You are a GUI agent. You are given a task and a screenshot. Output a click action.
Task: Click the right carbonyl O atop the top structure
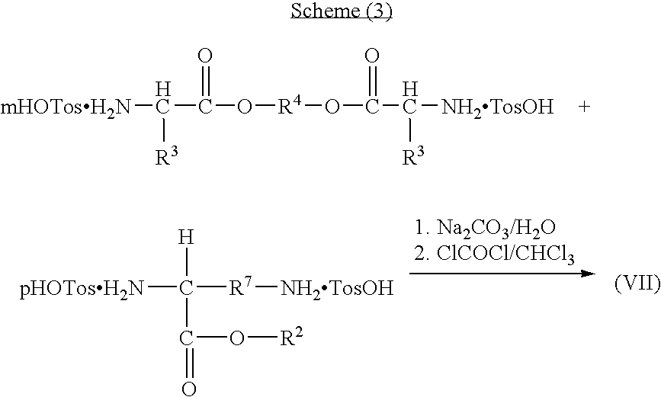(x=371, y=56)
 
